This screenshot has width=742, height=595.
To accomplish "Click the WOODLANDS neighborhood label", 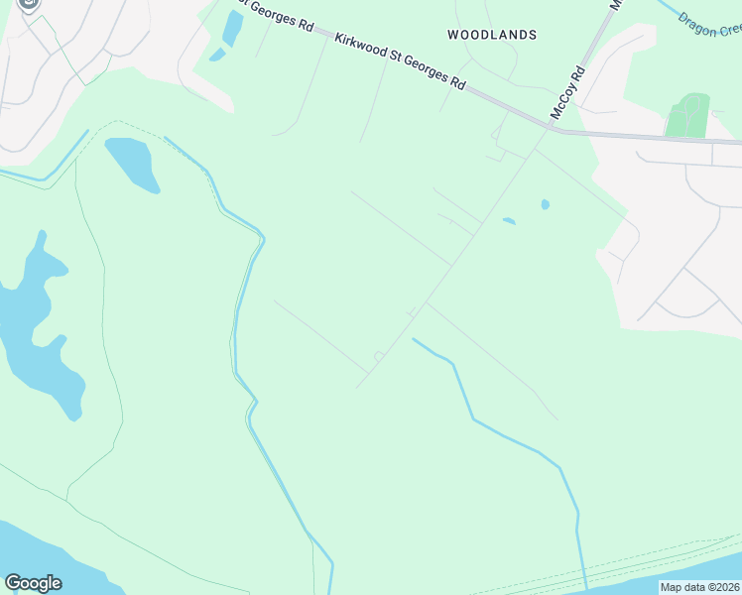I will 492,35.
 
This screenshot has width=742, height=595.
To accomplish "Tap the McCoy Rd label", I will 568,94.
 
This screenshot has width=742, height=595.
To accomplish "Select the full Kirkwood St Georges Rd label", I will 401,61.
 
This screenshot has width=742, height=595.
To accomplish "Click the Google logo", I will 33,583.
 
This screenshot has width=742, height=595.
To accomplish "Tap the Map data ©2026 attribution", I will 700,587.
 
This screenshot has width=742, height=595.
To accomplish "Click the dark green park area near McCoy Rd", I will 687,116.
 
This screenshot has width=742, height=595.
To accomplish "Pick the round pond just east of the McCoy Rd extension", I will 545,205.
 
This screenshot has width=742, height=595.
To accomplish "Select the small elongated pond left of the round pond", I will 509,221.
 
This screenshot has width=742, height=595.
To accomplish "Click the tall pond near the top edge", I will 232,28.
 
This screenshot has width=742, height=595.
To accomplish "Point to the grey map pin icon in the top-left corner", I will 29,5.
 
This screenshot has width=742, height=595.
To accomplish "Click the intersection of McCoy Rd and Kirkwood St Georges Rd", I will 551,126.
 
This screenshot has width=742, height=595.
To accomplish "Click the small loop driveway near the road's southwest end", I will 378,356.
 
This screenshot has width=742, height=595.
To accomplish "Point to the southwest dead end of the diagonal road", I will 357,387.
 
